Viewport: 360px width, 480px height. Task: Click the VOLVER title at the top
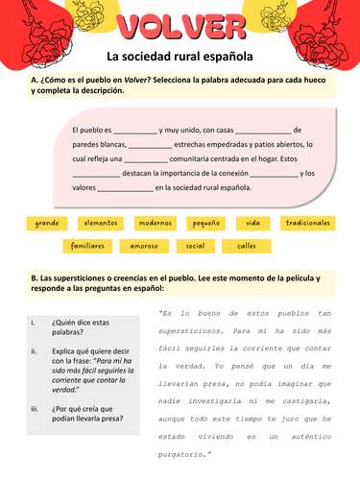pyautogui.click(x=179, y=25)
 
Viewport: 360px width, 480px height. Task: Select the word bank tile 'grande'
pyautogui.click(x=47, y=223)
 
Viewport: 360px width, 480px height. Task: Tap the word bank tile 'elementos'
pyautogui.click(x=100, y=223)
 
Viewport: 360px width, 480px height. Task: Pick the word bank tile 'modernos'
pyautogui.click(x=155, y=223)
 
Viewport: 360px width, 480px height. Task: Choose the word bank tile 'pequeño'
pyautogui.click(x=205, y=223)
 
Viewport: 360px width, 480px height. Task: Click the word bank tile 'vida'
pyautogui.click(x=252, y=223)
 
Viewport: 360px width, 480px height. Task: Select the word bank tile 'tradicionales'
pyautogui.click(x=307, y=223)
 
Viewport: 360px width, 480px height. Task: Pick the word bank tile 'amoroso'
pyautogui.click(x=143, y=246)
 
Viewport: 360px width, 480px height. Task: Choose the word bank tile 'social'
pyautogui.click(x=195, y=246)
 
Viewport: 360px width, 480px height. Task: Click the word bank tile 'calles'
pyautogui.click(x=247, y=246)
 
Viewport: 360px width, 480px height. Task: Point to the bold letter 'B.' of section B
pyautogui.click(x=35, y=276)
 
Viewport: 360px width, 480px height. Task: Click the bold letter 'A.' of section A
pyautogui.click(x=35, y=81)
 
